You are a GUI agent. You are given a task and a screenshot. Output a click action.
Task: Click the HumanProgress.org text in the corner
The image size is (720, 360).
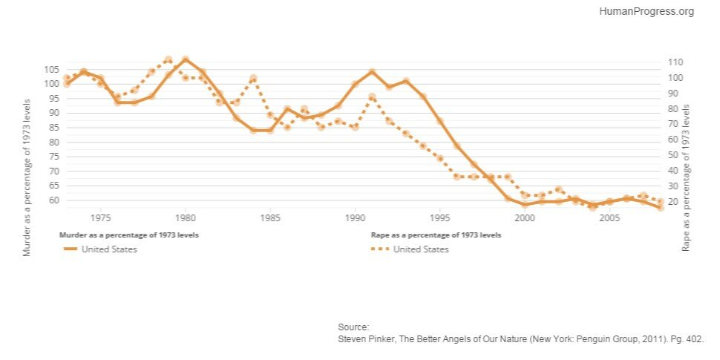point(646,11)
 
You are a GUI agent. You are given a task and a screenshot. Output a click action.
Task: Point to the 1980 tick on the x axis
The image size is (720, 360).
point(186,218)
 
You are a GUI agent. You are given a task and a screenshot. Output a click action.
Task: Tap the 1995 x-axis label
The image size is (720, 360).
point(440,218)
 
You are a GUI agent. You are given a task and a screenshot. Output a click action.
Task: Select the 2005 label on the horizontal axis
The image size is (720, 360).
point(609,218)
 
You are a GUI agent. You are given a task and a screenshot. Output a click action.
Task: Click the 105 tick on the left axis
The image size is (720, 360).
point(51,69)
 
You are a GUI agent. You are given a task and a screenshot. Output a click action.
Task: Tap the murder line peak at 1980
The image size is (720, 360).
point(186,59)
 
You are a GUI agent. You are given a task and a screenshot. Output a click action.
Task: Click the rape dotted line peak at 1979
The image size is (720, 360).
point(168,59)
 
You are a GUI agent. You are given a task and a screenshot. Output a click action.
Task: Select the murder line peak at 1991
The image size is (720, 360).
point(372,72)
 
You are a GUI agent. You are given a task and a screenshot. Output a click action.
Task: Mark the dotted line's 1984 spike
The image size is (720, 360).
point(253,78)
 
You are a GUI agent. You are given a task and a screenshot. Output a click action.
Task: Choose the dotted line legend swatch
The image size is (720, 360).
point(379,249)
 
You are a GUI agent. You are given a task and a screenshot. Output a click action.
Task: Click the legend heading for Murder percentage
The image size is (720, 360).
point(128,235)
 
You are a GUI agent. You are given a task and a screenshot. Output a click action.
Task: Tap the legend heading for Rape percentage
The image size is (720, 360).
point(436,235)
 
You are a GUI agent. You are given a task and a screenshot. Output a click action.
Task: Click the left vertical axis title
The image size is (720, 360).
point(27,179)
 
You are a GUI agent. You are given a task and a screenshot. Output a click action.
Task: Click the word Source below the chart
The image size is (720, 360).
point(353,327)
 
